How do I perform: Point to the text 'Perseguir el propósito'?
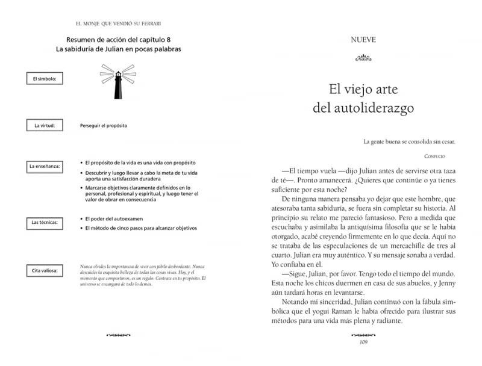point(103,126)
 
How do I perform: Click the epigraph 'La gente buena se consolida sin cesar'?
point(410,142)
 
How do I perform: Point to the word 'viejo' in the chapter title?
point(361,88)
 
